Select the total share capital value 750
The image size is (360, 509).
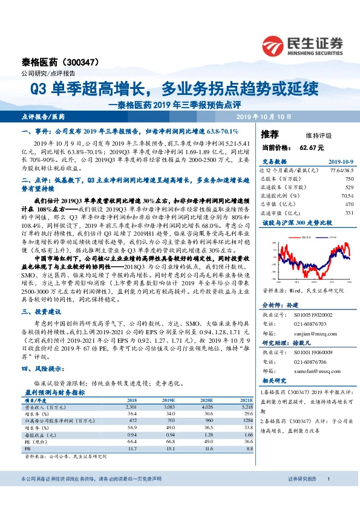coord(349,180)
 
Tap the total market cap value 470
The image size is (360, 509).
coord(349,204)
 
